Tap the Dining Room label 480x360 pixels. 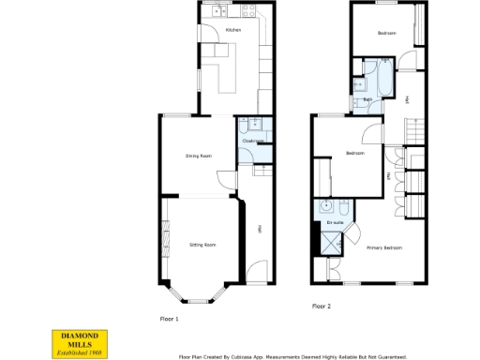[x=197, y=157]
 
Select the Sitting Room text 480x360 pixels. [x=202, y=245]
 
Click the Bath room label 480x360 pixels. [x=368, y=100]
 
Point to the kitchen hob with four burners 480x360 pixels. [x=250, y=12]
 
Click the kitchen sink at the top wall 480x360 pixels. [x=217, y=12]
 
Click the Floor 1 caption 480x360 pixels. [x=169, y=319]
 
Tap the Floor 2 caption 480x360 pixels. [x=321, y=307]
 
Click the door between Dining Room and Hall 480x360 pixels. [x=225, y=181]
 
